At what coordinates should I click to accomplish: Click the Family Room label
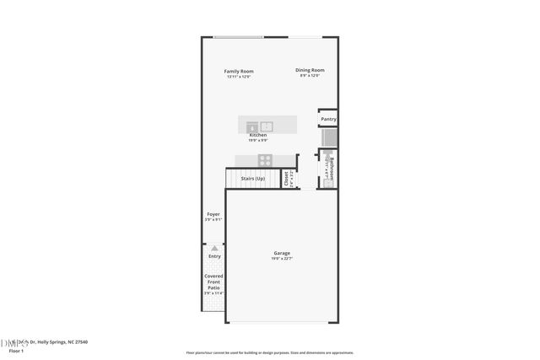(x=239, y=71)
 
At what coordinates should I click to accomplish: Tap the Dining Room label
(x=310, y=70)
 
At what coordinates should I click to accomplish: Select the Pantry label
(x=328, y=120)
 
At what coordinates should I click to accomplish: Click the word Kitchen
(x=258, y=135)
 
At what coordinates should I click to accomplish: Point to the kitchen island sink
(x=267, y=126)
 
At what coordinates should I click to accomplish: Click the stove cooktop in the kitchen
(x=264, y=159)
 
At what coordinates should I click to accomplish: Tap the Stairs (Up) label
(x=253, y=179)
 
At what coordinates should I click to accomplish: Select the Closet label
(x=286, y=179)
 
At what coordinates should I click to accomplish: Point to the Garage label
(x=282, y=253)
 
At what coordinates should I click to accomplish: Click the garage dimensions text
(x=282, y=259)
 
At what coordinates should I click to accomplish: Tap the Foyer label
(x=213, y=214)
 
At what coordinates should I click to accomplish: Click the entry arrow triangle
(x=214, y=248)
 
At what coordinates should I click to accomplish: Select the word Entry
(x=214, y=256)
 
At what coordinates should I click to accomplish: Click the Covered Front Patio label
(x=214, y=282)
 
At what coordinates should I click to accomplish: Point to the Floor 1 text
(x=15, y=351)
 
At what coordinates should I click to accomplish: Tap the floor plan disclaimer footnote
(x=270, y=352)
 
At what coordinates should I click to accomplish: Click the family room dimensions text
(x=239, y=77)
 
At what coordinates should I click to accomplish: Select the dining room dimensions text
(x=310, y=76)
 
